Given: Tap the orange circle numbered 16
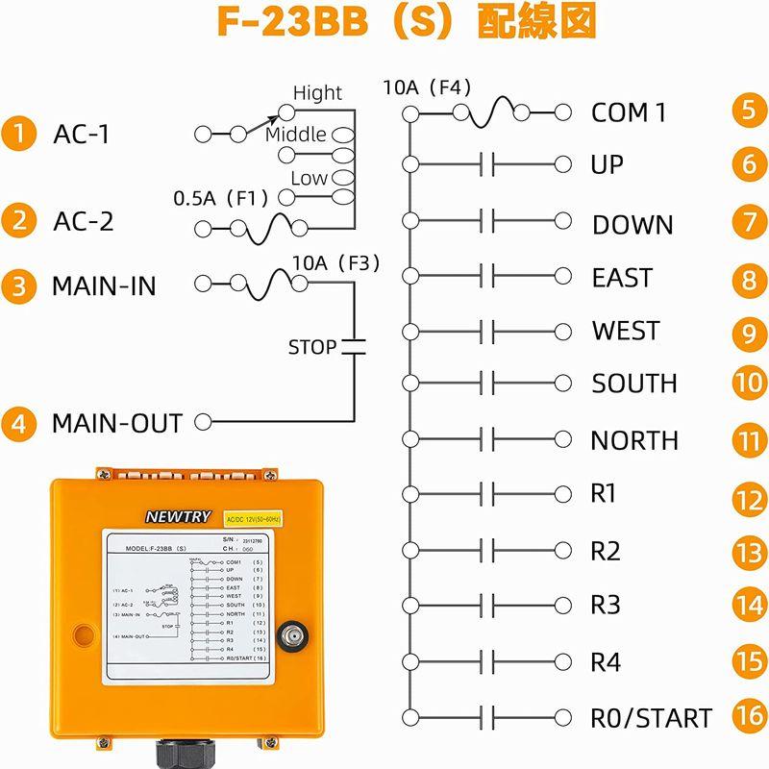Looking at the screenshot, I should coord(748,715).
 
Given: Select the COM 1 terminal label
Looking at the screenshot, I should coord(629,112).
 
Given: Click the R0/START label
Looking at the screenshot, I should coord(651,718).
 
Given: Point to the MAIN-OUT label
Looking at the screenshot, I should coord(116,423).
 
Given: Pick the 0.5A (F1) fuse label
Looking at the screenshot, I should coord(220,199).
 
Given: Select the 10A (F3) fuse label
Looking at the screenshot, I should coord(336,263).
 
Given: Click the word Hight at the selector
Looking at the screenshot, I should coord(317,93).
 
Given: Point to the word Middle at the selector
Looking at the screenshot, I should coord(295,135).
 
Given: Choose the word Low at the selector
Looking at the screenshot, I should coord(309,178).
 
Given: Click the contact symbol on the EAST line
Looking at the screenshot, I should coord(486,278).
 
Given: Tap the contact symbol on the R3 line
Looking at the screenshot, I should coord(486,606).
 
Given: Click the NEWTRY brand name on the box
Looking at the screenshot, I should coord(177,516).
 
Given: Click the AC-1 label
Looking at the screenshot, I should coord(81,135).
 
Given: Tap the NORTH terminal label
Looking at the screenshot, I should coord(634,441).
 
